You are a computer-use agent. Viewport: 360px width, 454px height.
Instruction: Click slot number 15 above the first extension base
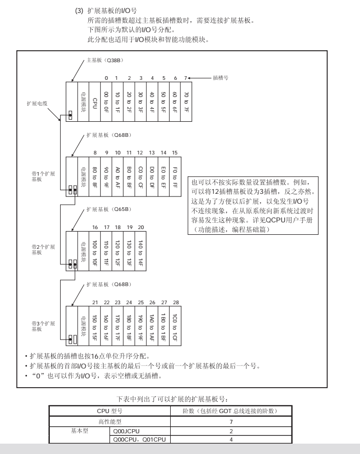click(x=175, y=153)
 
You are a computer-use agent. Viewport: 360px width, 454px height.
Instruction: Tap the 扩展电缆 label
click(x=38, y=103)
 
